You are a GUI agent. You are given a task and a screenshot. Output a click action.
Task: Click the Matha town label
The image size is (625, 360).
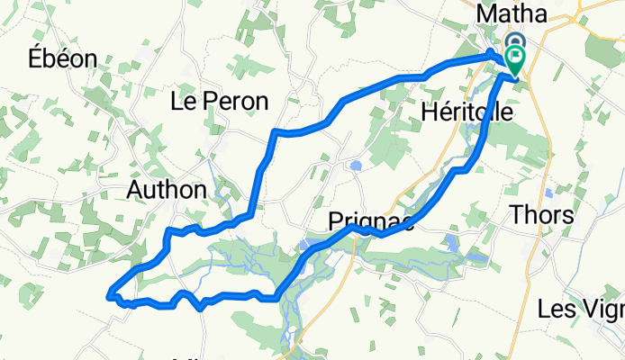(512, 14)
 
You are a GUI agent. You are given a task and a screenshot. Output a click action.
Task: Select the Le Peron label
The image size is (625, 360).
(219, 102)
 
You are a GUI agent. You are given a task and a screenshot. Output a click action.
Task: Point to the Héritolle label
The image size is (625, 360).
(466, 112)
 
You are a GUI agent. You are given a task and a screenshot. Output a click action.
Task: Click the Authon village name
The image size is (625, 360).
(167, 189)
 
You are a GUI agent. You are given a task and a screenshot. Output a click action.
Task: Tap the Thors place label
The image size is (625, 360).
(542, 214)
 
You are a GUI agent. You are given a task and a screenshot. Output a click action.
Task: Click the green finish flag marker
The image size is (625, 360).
(515, 62)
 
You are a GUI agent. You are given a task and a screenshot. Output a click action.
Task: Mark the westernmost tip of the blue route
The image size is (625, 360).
(109, 292)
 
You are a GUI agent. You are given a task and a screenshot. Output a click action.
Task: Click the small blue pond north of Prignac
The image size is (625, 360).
(356, 166)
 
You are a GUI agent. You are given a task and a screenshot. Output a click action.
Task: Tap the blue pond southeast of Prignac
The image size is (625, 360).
(450, 241)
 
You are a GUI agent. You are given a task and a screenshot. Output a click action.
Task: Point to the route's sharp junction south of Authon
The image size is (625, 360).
(168, 232)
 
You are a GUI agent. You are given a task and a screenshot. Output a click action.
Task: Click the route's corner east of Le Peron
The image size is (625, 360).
(275, 132)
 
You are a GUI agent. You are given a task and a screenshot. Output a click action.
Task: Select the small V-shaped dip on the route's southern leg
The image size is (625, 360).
(200, 307)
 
